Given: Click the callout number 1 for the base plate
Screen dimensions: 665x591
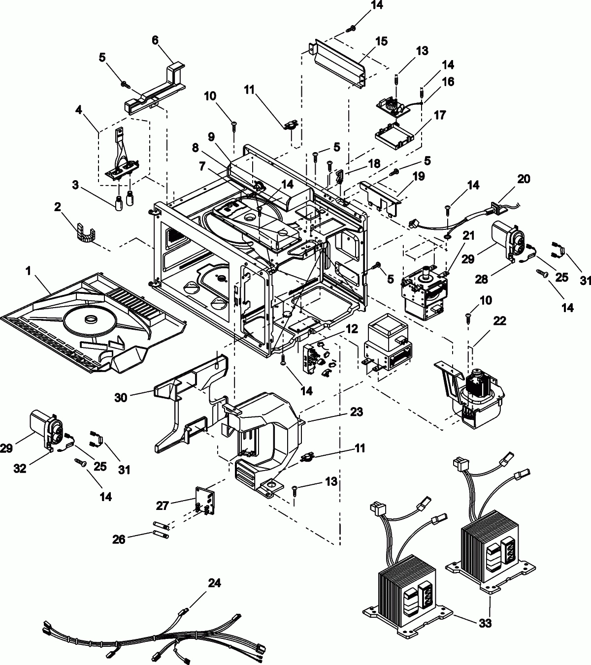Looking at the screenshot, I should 28,271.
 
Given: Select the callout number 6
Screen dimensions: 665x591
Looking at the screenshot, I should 155,40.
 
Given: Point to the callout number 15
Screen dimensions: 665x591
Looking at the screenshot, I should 382,41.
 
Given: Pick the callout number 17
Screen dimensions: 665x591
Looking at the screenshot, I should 439,115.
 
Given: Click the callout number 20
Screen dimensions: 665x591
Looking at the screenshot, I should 524,179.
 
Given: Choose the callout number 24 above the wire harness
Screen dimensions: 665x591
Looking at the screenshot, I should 214,583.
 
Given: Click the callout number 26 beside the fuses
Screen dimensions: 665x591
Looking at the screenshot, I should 119,539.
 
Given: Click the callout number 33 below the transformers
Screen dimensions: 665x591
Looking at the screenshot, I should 485,623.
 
